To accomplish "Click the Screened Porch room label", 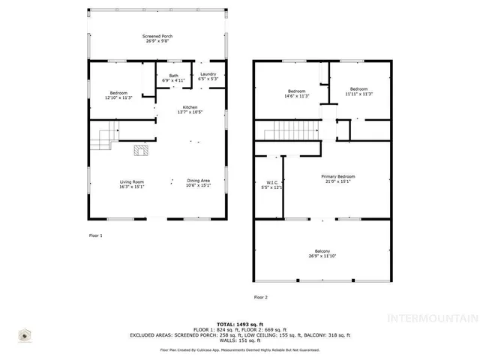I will [x=157, y=36].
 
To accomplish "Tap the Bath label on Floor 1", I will [x=174, y=76].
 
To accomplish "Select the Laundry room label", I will [x=208, y=74].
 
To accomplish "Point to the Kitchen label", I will [x=190, y=108].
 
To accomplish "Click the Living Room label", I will [x=132, y=181].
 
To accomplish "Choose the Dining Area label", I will [x=199, y=181].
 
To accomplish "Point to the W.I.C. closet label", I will [x=273, y=181].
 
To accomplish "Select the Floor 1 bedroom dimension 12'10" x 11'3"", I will [x=116, y=97].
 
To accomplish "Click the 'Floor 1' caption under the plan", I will [x=95, y=235].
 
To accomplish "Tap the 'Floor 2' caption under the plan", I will [x=260, y=298].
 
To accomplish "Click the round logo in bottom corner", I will [x=26, y=337].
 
